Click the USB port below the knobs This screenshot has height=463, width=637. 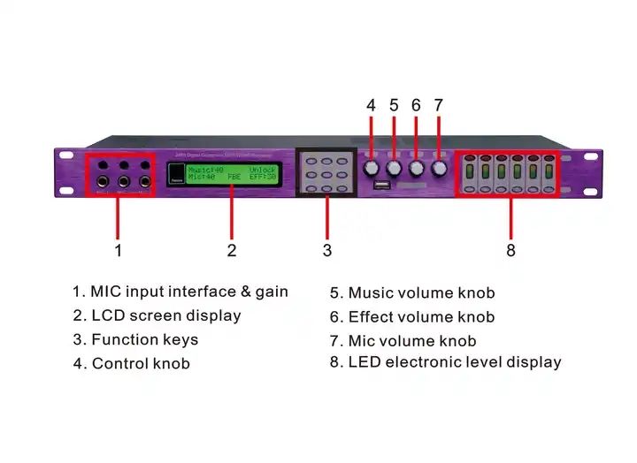tap(381, 186)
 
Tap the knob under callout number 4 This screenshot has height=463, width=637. tap(372, 167)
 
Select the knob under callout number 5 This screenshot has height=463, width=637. tap(394, 167)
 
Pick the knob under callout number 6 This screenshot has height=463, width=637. tap(417, 167)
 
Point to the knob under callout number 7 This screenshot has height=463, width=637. tap(439, 167)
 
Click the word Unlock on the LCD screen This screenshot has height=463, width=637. tap(263, 169)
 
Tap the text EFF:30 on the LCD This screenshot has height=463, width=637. tap(263, 178)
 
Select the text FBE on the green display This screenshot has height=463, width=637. tap(234, 178)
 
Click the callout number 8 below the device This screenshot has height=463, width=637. tap(510, 251)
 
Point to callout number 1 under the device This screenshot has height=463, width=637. tap(118, 251)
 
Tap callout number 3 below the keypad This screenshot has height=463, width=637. tap(326, 251)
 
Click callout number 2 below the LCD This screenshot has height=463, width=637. tap(232, 251)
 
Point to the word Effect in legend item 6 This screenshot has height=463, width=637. tap(371, 317)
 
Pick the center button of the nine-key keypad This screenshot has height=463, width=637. tap(327, 175)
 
